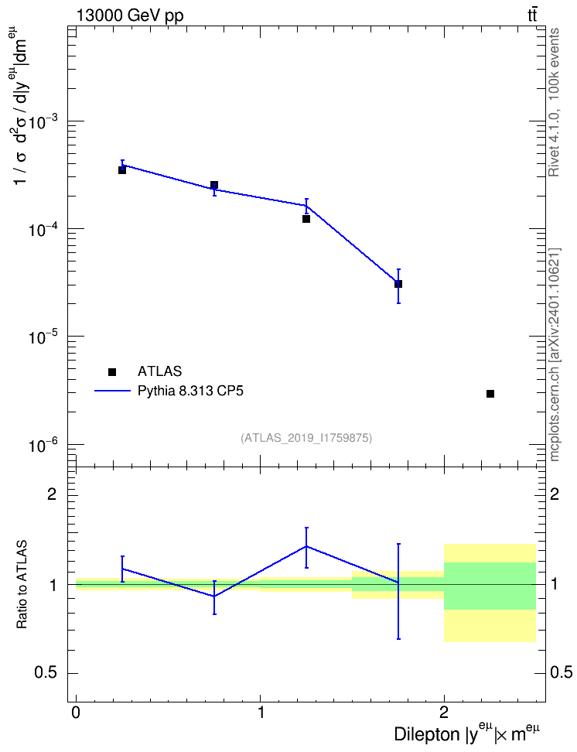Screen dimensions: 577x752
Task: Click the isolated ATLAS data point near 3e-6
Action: click(490, 394)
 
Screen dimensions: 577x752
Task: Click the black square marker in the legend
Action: click(112, 371)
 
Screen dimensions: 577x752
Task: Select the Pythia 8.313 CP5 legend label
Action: click(190, 391)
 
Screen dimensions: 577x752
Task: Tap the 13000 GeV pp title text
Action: click(129, 15)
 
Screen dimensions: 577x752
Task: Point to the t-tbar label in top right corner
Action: click(532, 15)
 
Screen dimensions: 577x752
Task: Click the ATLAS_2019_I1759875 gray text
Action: click(306, 438)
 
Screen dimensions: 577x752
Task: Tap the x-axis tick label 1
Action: click(261, 712)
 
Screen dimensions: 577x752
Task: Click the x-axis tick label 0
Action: click(76, 712)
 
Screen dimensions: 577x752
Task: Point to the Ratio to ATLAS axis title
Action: click(22, 584)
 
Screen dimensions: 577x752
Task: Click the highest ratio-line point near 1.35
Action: click(306, 546)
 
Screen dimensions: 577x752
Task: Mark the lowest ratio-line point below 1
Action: click(214, 596)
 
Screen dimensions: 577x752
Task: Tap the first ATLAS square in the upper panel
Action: click(122, 169)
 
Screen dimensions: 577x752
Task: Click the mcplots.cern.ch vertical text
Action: click(555, 355)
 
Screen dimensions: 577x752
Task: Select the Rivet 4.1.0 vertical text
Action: click(554, 102)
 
